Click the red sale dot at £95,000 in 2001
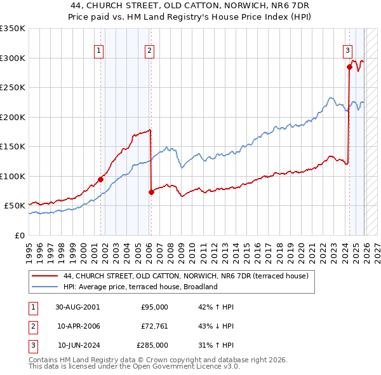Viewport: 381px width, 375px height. (100, 179)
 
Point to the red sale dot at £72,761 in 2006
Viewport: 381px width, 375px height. (151, 192)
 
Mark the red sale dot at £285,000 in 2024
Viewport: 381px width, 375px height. (349, 67)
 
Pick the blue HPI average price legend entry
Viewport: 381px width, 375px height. (140, 287)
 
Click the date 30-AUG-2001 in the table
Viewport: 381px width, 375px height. (77, 307)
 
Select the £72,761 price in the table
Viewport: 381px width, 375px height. (154, 326)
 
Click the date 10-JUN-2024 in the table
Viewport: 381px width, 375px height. (77, 345)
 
